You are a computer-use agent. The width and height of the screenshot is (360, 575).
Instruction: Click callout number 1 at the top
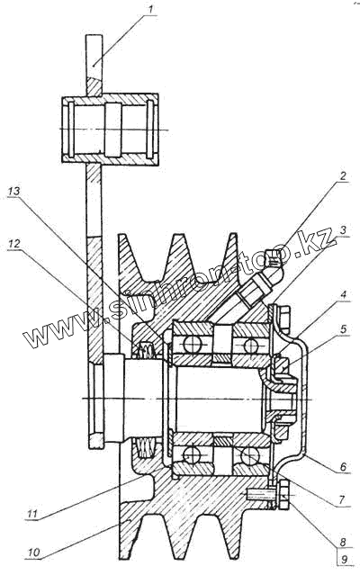click(x=150, y=9)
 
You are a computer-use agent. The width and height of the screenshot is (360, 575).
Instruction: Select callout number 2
click(x=342, y=175)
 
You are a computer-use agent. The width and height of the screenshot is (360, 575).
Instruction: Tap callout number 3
click(x=342, y=230)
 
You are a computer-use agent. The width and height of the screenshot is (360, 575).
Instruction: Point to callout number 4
click(x=343, y=294)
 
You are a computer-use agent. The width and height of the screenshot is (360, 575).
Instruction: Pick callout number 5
click(x=343, y=328)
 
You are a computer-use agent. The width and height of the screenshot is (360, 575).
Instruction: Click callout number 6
click(x=343, y=466)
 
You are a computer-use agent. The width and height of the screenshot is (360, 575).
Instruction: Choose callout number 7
click(x=342, y=499)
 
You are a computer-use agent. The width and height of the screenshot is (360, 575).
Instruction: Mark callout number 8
click(x=342, y=542)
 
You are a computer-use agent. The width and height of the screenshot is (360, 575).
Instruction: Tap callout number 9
click(x=344, y=560)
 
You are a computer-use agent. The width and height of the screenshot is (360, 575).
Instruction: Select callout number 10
click(x=33, y=553)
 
